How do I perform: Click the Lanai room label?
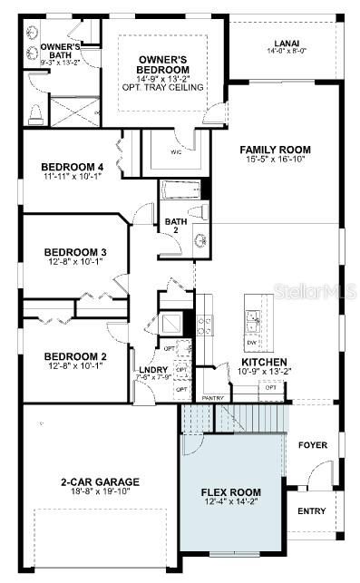point(286,43)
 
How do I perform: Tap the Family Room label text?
point(275,150)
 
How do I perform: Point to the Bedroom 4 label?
point(73,166)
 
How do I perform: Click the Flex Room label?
point(230,494)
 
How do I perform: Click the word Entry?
point(311,511)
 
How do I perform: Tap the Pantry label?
point(213,397)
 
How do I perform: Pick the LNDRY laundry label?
point(150,371)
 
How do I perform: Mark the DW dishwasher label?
point(251,344)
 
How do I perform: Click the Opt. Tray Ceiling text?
point(164,87)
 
